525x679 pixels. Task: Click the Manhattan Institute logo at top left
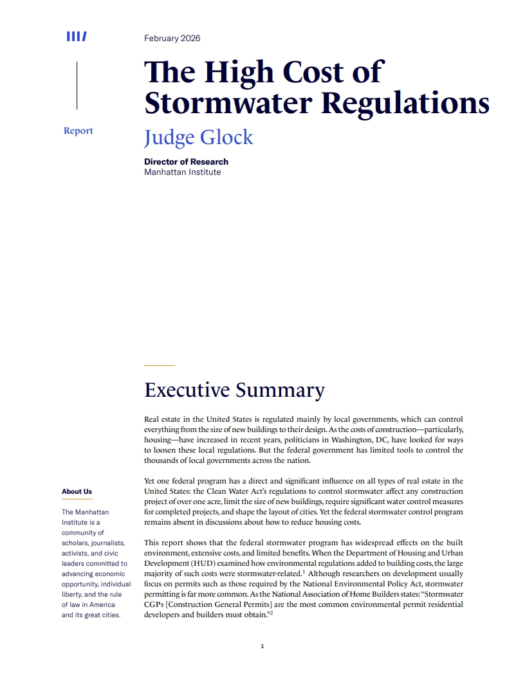click(x=77, y=37)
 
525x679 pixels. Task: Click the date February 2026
click(x=172, y=39)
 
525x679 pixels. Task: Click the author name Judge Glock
click(x=198, y=138)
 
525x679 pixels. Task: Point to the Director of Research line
click(x=186, y=161)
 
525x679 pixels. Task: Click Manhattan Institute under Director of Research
click(x=182, y=172)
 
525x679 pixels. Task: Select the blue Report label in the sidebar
click(x=78, y=131)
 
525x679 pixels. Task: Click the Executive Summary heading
click(x=234, y=390)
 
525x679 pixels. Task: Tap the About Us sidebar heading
click(x=77, y=492)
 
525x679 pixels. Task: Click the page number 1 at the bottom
click(x=262, y=646)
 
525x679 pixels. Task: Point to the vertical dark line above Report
click(x=77, y=86)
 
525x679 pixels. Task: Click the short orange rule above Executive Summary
click(x=159, y=365)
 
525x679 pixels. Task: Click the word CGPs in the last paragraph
click(x=156, y=604)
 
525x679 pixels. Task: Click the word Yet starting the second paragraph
click(x=151, y=481)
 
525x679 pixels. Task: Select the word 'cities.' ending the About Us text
click(x=109, y=615)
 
